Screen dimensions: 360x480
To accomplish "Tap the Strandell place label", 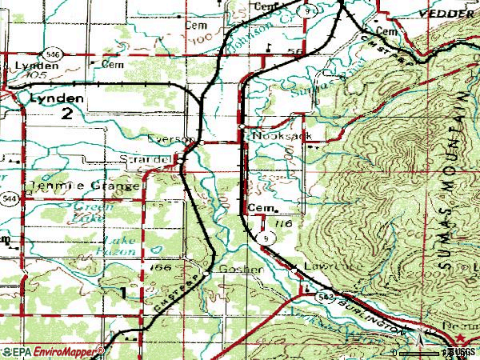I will click(x=146, y=160).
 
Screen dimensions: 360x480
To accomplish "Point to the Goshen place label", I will click(x=240, y=269).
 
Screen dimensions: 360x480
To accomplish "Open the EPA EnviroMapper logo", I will click(x=52, y=351).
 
